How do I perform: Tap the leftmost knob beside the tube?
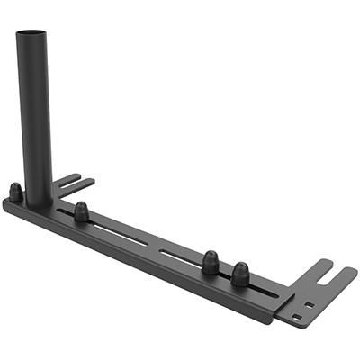click(x=16, y=192)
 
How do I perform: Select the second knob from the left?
click(x=81, y=212)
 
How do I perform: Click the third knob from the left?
click(x=211, y=261)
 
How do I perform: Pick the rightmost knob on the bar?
click(x=240, y=273)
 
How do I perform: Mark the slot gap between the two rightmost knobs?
click(x=226, y=273)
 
